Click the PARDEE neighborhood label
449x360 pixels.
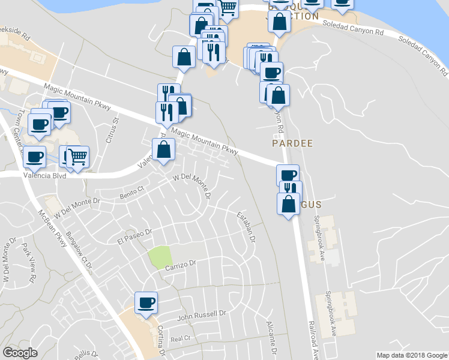click(x=292, y=144)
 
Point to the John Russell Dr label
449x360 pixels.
click(x=200, y=314)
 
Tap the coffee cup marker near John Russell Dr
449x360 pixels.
click(x=146, y=302)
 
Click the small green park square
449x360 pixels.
click(x=159, y=256)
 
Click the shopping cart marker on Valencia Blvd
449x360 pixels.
click(x=77, y=158)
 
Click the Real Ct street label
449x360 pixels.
click(x=180, y=338)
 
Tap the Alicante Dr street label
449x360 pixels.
click(x=271, y=335)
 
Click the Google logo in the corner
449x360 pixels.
click(x=20, y=353)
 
